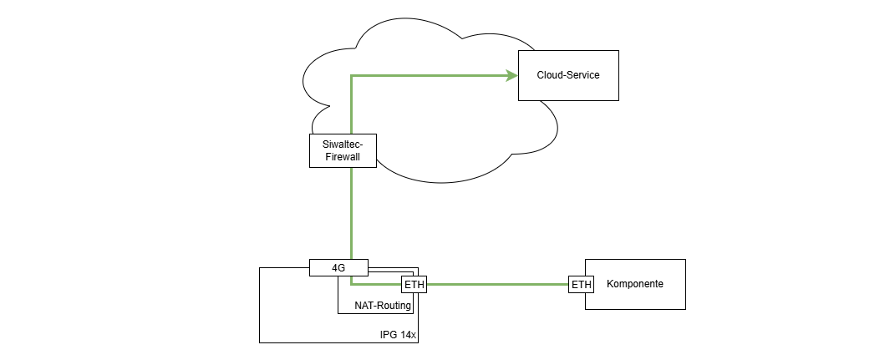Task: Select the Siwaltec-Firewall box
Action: pyautogui.click(x=343, y=150)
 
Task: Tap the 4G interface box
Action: pyautogui.click(x=338, y=267)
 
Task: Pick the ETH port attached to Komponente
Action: pyautogui.click(x=581, y=285)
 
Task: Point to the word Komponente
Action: pyautogui.click(x=635, y=284)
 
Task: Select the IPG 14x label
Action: pyautogui.click(x=398, y=334)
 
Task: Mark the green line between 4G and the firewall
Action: pyautogui.click(x=351, y=213)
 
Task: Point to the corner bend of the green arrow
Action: pyautogui.click(x=351, y=76)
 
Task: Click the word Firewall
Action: pyautogui.click(x=343, y=156)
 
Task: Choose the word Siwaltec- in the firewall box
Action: pyautogui.click(x=343, y=144)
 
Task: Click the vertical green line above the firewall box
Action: pyautogui.click(x=351, y=104)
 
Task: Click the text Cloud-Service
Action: pyautogui.click(x=568, y=75)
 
